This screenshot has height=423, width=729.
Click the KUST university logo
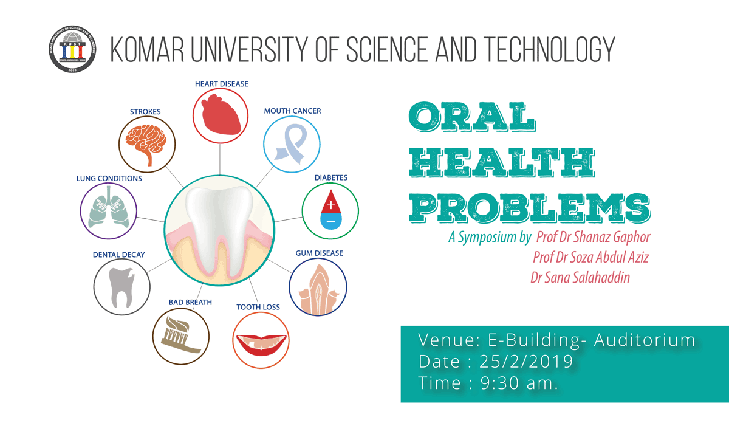point(72,49)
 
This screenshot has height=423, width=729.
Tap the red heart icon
point(221,115)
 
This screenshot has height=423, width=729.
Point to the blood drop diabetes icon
point(330,210)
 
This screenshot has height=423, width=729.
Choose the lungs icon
point(109,207)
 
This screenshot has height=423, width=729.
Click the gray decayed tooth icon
point(122,287)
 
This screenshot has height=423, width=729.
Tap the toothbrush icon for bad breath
point(180,335)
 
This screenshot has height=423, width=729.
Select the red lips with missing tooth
point(261,345)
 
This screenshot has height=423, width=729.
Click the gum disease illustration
point(318,289)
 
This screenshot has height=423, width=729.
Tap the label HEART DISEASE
point(222,84)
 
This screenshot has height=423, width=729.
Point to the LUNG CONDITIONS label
point(109,179)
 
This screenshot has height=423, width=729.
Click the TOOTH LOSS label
point(258,307)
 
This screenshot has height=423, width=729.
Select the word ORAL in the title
point(472,117)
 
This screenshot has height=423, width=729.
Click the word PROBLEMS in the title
point(530,208)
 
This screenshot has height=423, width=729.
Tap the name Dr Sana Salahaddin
point(580,277)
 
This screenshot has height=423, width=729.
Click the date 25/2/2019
point(526,362)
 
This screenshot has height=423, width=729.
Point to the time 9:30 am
point(519,383)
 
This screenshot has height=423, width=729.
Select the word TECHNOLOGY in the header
point(549,49)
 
